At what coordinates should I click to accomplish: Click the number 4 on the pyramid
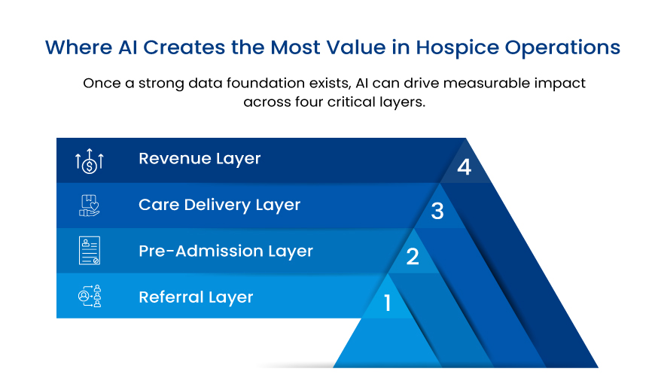[x=464, y=166]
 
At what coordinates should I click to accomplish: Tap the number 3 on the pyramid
[x=437, y=212]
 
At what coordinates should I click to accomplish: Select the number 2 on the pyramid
[x=413, y=257]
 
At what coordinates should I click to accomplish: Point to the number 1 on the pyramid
[x=388, y=303]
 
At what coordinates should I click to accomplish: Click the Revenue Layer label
[x=200, y=159]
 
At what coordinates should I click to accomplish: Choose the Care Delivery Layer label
[x=219, y=205]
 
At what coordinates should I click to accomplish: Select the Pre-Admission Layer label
[x=225, y=251]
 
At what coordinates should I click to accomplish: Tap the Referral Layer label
[x=196, y=297]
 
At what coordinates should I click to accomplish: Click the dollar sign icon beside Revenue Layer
[x=90, y=160]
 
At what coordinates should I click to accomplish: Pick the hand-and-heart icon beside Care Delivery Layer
[x=90, y=206]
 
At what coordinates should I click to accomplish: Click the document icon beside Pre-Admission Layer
[x=90, y=251]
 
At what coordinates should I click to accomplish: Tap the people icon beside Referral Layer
[x=90, y=297]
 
